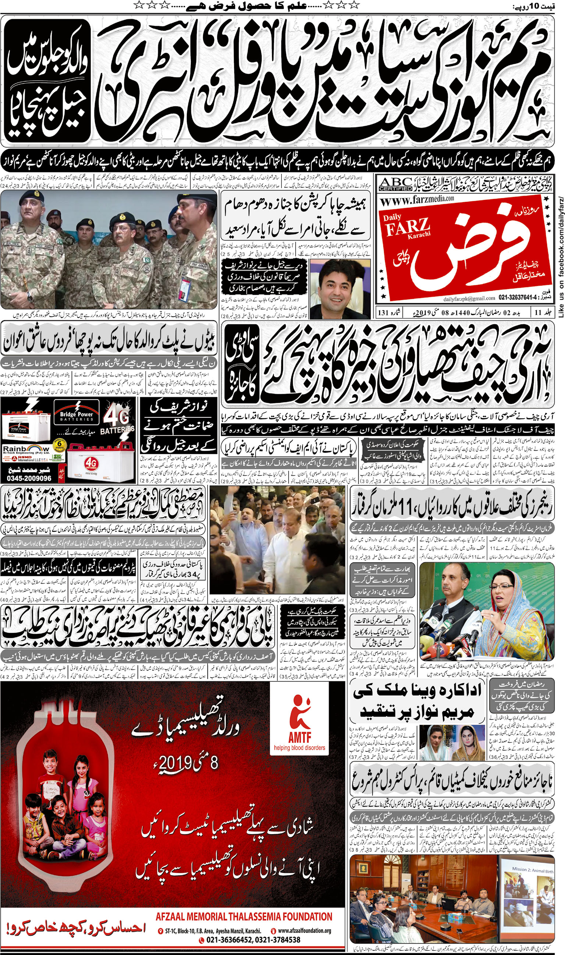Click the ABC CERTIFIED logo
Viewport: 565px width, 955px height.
click(x=395, y=184)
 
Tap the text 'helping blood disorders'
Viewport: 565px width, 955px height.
click(x=300, y=748)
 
